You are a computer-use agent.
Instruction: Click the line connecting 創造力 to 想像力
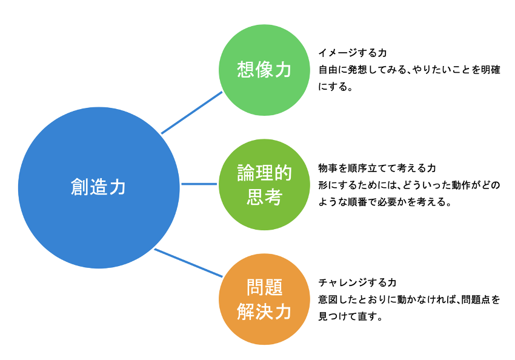(192, 112)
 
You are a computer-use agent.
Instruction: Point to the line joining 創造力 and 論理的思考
(199, 184)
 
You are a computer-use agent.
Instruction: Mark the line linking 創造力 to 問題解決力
(188, 262)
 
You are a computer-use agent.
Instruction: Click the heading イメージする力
(353, 53)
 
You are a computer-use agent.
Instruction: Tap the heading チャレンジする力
(357, 282)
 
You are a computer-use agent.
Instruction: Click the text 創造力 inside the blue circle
(99, 187)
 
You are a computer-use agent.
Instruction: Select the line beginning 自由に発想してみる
(409, 70)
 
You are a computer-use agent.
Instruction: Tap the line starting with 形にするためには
(409, 185)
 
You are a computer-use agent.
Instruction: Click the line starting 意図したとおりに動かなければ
(409, 299)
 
